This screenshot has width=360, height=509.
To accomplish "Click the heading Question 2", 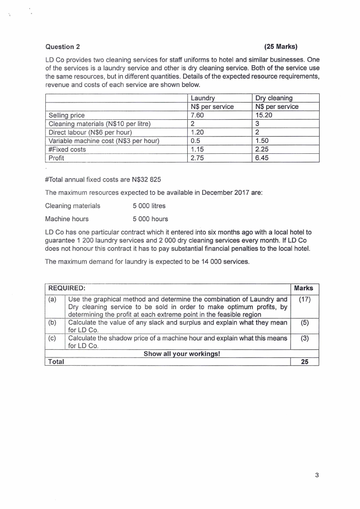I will point(63,46).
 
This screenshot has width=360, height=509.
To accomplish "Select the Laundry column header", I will point(203,98).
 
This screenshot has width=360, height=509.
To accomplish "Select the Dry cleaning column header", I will point(274,98).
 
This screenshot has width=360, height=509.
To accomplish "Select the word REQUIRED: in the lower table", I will point(67,288).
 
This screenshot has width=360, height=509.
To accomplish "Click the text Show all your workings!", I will point(181,354).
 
